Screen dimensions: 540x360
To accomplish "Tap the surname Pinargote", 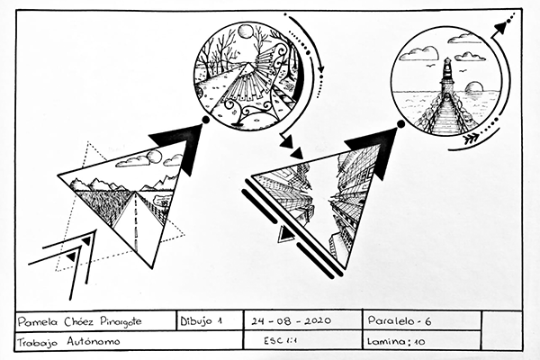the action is pyautogui.click(x=121, y=322).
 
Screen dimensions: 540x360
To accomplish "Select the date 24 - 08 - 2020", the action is pyautogui.click(x=291, y=321).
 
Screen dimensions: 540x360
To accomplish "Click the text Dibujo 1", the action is pyautogui.click(x=201, y=321).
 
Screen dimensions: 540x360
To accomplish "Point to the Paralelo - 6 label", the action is pyautogui.click(x=399, y=320).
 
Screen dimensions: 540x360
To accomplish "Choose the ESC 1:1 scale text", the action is pyautogui.click(x=280, y=341).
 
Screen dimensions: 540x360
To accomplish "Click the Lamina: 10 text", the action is pyautogui.click(x=396, y=341).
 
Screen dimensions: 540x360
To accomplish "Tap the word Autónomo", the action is pyautogui.click(x=94, y=341).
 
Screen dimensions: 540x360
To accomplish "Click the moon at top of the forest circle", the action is pyautogui.click(x=246, y=32).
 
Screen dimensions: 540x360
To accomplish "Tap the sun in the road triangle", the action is pyautogui.click(x=155, y=157).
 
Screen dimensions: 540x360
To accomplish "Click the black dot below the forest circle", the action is pyautogui.click(x=205, y=120).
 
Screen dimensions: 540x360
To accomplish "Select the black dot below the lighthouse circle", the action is pyautogui.click(x=400, y=124).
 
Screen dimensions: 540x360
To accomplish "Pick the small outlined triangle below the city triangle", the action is pyautogui.click(x=285, y=235).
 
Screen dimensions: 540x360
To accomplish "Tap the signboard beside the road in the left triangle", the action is pyautogui.click(x=162, y=199).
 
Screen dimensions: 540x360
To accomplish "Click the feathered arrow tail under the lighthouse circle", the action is pyautogui.click(x=472, y=139).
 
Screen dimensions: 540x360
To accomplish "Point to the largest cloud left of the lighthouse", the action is pyautogui.click(x=421, y=54).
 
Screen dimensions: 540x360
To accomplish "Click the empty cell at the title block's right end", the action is pyautogui.click(x=501, y=330).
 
